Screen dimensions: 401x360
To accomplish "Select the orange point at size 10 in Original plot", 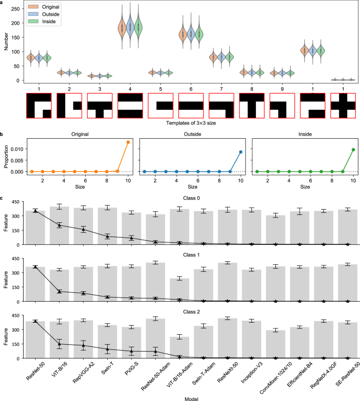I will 128,142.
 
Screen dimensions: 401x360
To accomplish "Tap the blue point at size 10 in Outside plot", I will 240,152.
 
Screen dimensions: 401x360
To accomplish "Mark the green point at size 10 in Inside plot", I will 353,150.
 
